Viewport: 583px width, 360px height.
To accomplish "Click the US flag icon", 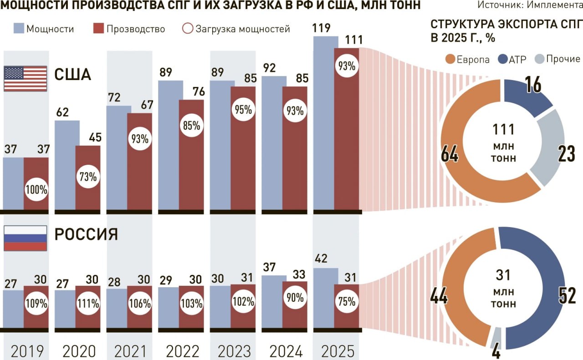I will click(x=26, y=79).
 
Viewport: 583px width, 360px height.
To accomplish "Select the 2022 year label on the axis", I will click(x=183, y=351).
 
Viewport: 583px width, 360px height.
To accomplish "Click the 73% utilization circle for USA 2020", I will click(x=88, y=177).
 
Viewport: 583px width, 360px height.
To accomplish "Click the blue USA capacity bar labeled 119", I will click(x=326, y=123).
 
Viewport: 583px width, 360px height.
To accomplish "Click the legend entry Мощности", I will click(x=44, y=29).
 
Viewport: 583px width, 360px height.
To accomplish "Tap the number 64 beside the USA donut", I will click(x=450, y=155).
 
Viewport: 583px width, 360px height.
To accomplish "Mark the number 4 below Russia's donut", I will click(x=496, y=350).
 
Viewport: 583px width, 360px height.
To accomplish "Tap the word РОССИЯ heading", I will click(x=87, y=235).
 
